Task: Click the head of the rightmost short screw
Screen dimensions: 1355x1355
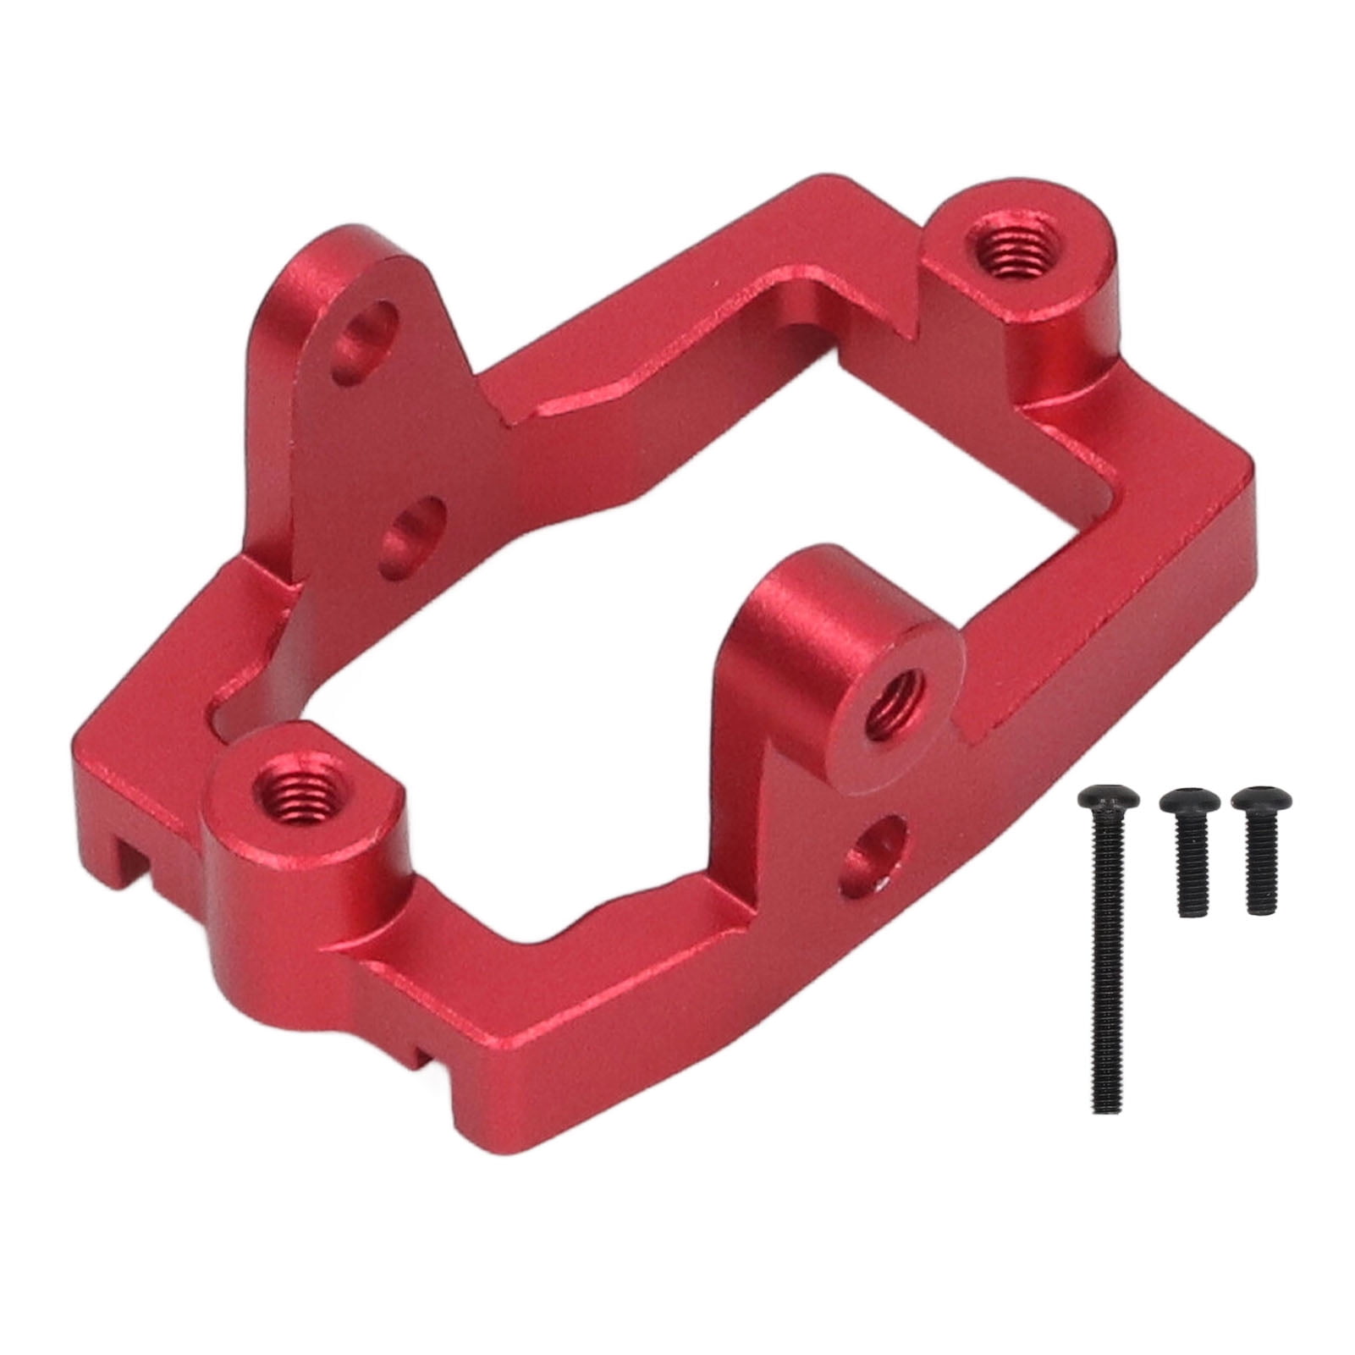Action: point(1260,799)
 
